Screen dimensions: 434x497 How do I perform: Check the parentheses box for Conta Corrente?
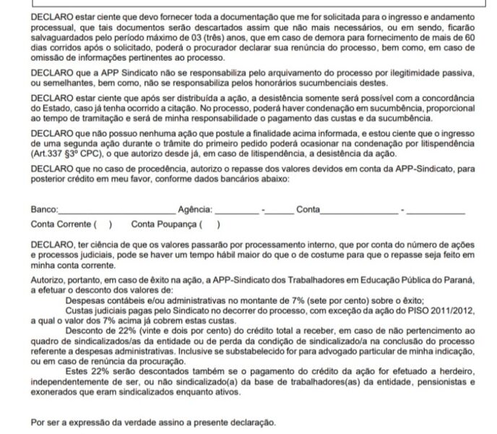103,224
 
